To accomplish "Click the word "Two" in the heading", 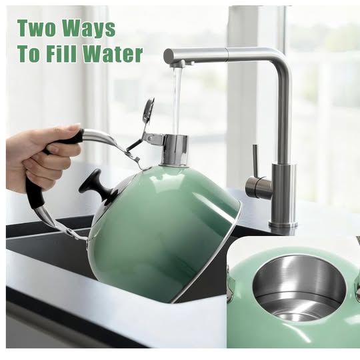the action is pos(37,28).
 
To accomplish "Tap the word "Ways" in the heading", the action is pos(89,29).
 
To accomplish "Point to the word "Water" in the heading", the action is pos(113,54).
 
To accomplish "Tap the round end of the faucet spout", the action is pos(169,55).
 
